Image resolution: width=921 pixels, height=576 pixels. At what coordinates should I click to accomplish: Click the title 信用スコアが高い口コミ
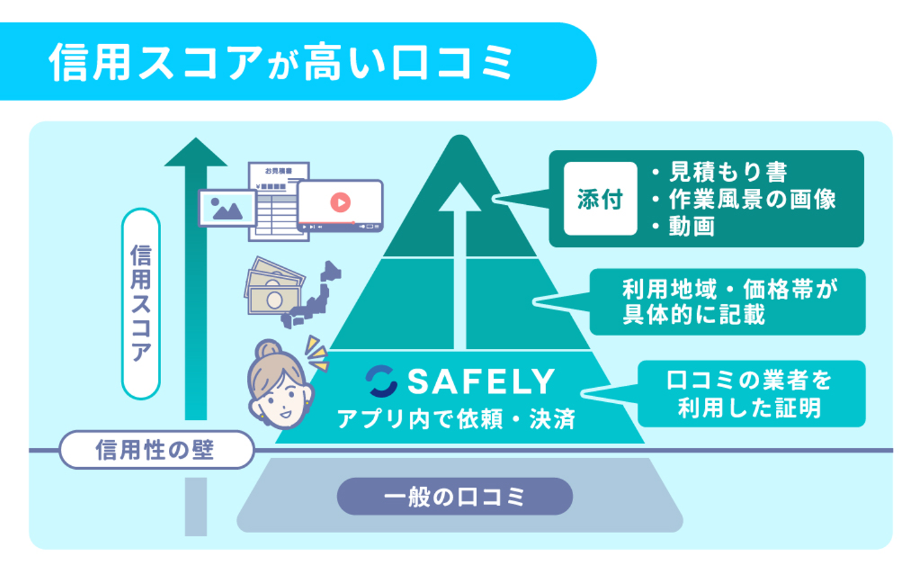(x=281, y=63)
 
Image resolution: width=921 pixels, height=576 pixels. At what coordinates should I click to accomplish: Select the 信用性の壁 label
(x=155, y=450)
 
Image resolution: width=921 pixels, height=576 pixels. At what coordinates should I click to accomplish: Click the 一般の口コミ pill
(x=455, y=497)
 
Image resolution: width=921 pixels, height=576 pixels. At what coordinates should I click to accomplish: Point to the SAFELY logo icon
(x=381, y=381)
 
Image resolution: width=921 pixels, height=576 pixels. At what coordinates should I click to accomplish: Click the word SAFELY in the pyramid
(x=481, y=382)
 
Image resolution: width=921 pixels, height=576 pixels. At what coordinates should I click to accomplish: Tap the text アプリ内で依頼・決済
(x=456, y=419)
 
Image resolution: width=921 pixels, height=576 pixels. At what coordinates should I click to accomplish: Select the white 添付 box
(x=600, y=199)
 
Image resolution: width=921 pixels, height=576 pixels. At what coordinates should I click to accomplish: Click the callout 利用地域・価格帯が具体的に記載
(x=728, y=302)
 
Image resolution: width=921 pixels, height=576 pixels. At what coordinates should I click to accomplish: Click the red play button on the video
(x=340, y=202)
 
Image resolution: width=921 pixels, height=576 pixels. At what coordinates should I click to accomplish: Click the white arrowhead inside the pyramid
(x=459, y=197)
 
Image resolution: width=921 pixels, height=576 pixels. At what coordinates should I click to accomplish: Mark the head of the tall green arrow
(x=196, y=154)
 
